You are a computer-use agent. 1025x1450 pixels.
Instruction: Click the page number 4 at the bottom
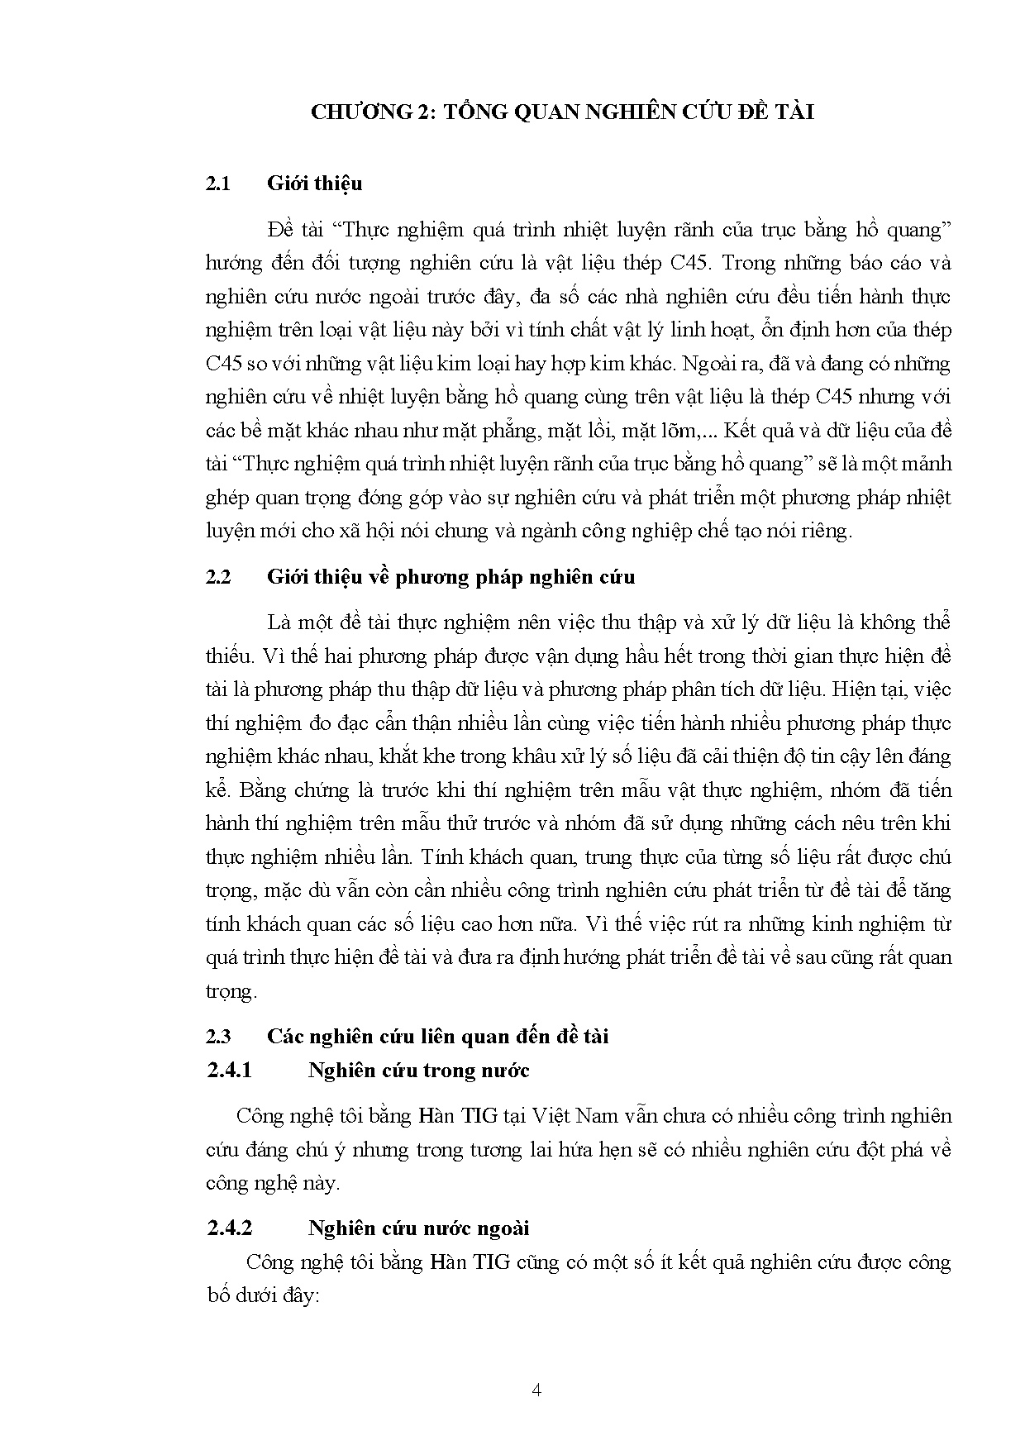click(x=538, y=1390)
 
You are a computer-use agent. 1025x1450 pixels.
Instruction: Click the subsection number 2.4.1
click(x=229, y=1071)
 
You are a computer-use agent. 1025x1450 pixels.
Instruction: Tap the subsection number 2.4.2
click(x=229, y=1228)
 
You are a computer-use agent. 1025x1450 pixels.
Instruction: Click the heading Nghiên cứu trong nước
click(x=418, y=1071)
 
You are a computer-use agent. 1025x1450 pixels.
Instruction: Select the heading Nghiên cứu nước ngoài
click(x=418, y=1228)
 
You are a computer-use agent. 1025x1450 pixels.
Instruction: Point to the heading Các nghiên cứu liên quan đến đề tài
click(x=437, y=1037)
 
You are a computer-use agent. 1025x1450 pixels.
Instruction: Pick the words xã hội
click(x=392, y=532)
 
